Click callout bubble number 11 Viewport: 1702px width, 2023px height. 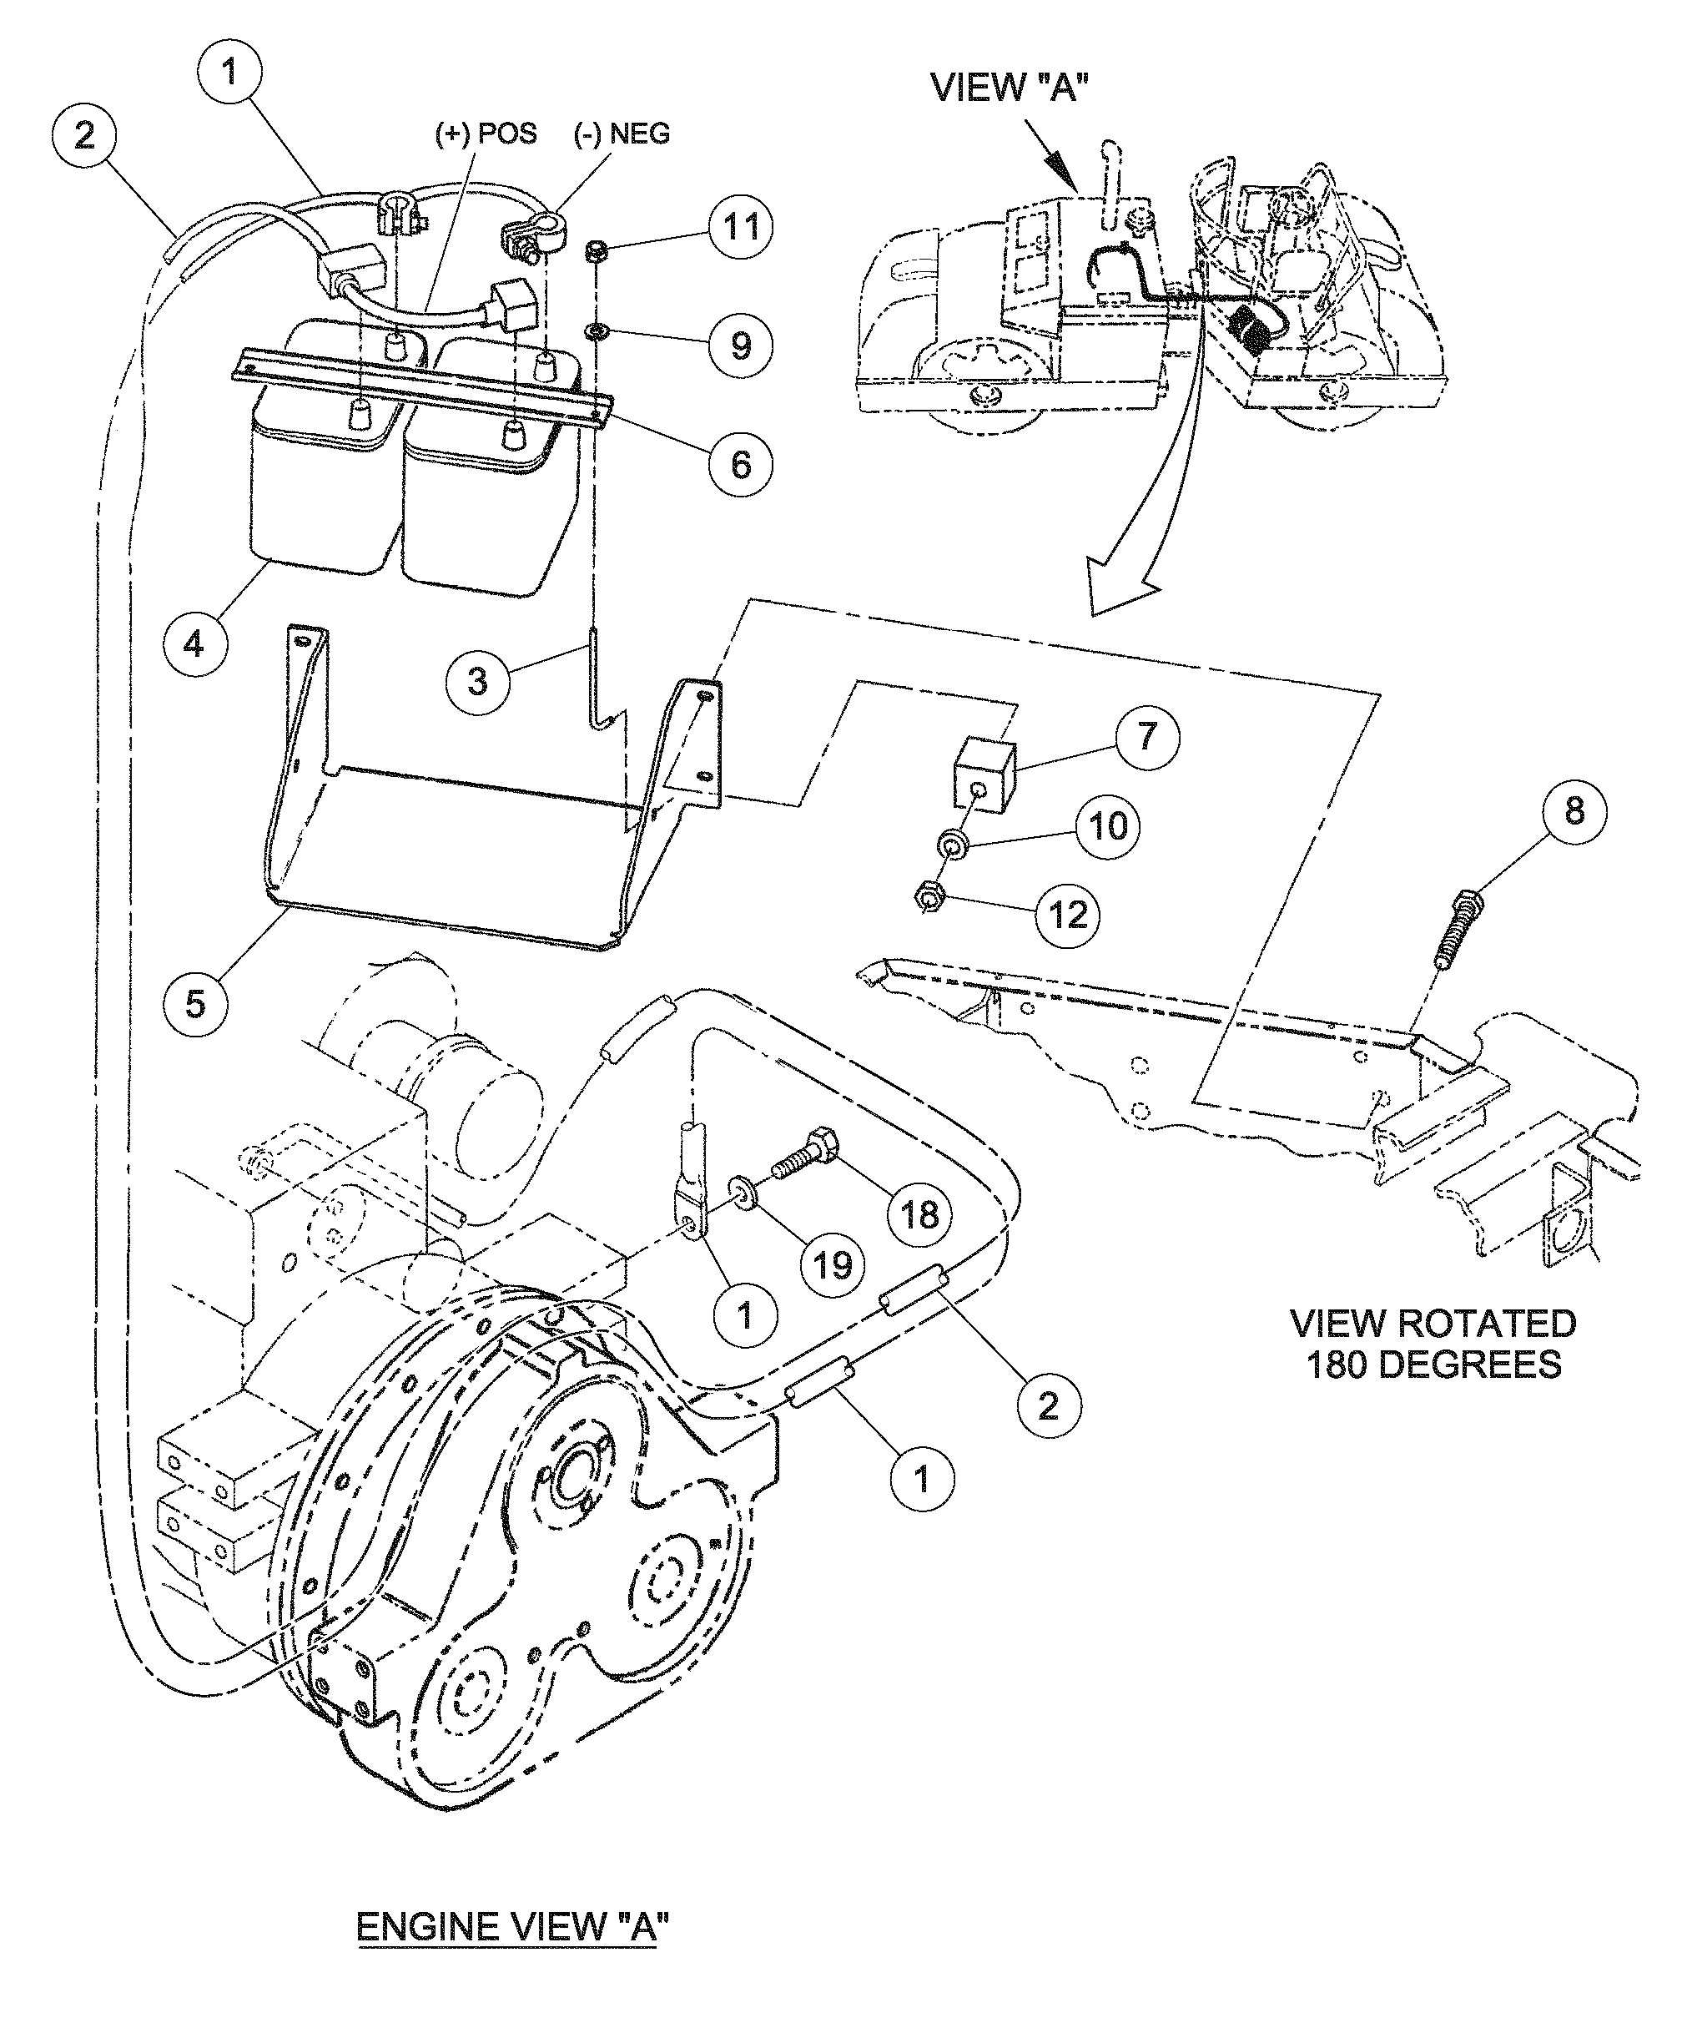tap(740, 228)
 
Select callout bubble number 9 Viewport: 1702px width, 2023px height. tap(740, 345)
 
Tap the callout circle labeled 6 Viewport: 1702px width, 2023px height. tap(740, 463)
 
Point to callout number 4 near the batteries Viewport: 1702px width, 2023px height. tap(195, 642)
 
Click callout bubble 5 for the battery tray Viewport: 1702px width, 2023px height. tap(195, 1003)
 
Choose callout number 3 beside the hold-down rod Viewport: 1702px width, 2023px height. tap(476, 681)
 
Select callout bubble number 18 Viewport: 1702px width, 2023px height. tap(919, 1213)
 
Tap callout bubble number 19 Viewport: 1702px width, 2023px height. tap(833, 1263)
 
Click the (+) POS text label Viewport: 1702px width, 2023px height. tap(486, 134)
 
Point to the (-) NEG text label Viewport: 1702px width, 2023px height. tap(622, 134)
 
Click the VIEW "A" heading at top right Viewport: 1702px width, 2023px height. tap(1010, 87)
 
